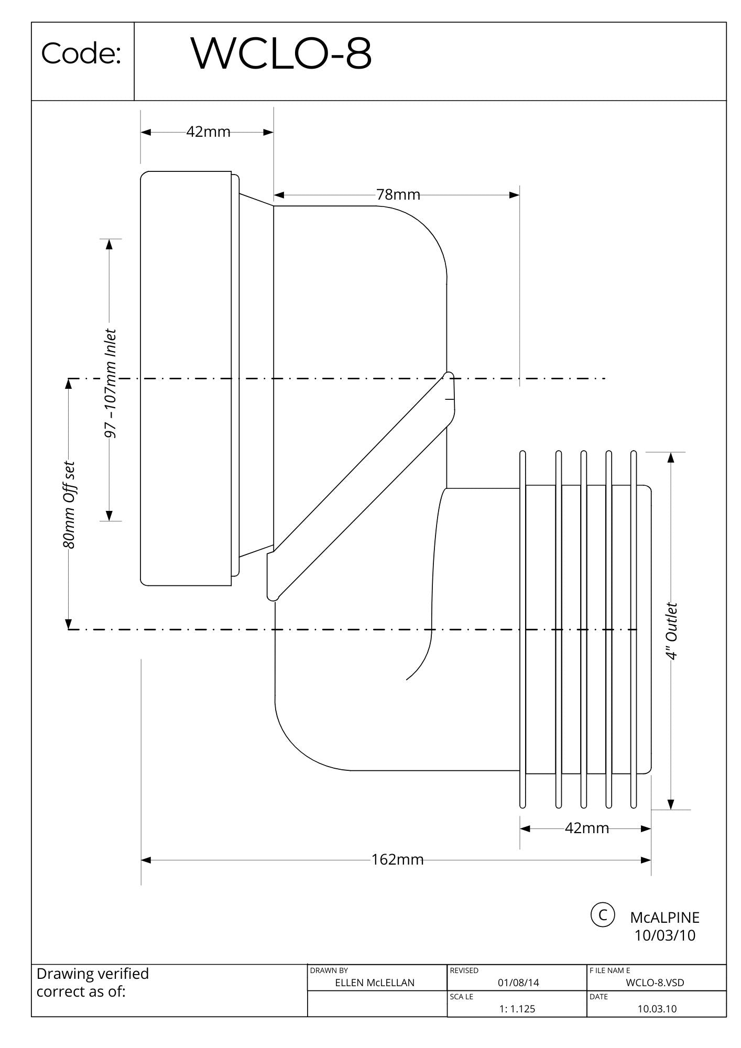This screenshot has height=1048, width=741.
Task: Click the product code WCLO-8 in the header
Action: tap(281, 53)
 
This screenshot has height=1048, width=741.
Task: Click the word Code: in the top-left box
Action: tap(81, 53)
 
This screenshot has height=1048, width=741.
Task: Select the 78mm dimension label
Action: tap(398, 195)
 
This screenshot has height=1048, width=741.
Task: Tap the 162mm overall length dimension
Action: tap(397, 860)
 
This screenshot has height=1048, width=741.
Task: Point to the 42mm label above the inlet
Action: tap(208, 132)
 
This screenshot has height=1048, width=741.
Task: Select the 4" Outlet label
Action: tap(671, 631)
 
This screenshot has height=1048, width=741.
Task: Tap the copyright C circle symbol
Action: tap(603, 915)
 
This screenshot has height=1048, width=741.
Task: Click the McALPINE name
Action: tap(664, 918)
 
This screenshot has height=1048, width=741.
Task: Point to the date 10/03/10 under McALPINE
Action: tap(664, 935)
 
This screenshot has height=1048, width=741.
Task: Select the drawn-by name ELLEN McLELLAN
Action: tap(374, 983)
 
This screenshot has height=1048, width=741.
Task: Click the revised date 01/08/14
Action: tap(518, 983)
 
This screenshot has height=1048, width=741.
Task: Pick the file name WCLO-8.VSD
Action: tap(655, 983)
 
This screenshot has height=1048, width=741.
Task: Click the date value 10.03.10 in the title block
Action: tap(657, 1009)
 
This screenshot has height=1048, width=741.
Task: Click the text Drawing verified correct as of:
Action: tap(93, 982)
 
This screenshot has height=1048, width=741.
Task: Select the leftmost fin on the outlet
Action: tap(522, 629)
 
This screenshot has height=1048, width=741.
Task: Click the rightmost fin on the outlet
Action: tap(634, 629)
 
